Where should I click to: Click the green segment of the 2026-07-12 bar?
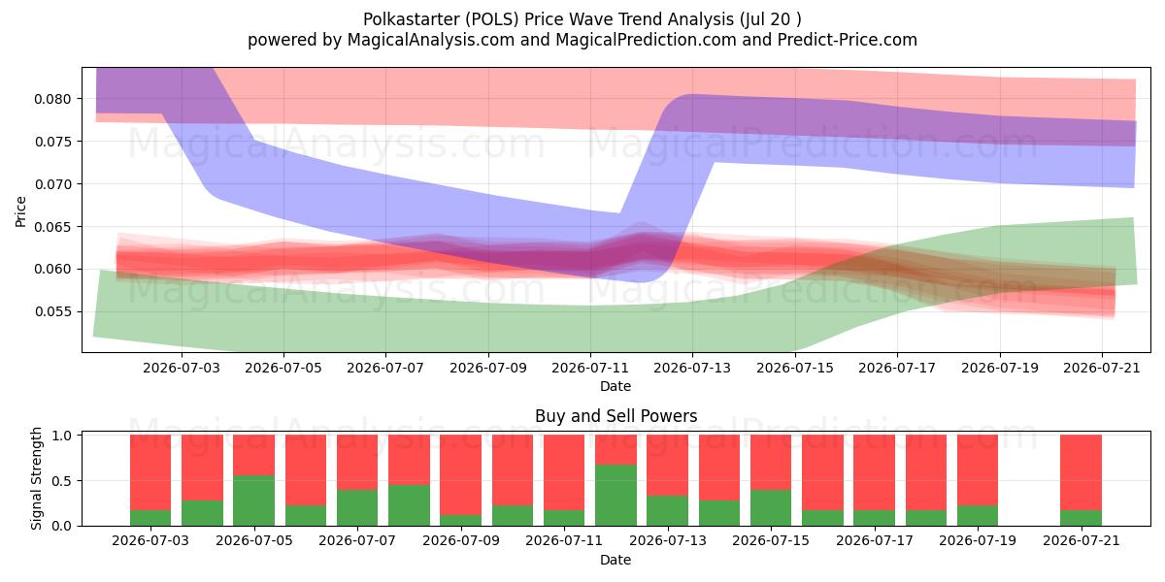[x=616, y=495]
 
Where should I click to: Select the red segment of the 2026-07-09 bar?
[x=461, y=475]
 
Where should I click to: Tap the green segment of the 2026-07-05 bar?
[x=253, y=501]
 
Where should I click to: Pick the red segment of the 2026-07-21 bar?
[x=1081, y=472]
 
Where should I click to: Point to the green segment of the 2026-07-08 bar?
[x=410, y=505]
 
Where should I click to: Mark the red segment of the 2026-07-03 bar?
[x=150, y=472]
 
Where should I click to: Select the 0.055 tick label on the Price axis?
[x=52, y=311]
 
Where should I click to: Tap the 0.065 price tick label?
[x=52, y=227]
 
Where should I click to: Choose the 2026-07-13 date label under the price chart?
[x=692, y=368]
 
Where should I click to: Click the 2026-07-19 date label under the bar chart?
[x=978, y=540]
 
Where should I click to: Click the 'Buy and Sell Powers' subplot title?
[x=616, y=416]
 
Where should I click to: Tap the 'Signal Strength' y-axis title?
[x=36, y=478]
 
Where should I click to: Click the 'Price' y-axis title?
[x=20, y=211]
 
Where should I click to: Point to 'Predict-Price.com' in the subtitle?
[x=848, y=40]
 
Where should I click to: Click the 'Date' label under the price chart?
[x=616, y=386]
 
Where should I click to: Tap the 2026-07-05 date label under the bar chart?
[x=253, y=540]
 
